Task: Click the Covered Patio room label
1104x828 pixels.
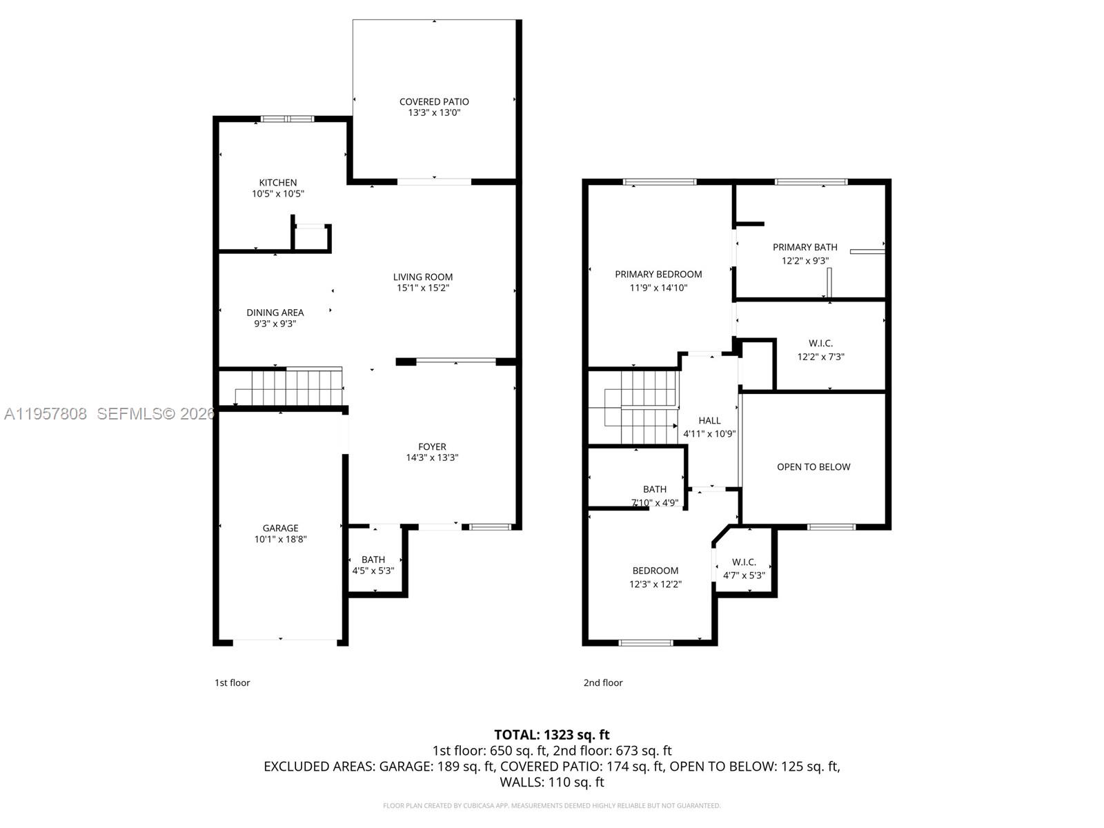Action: tap(434, 101)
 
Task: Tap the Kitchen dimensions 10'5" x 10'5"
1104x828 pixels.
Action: tap(277, 195)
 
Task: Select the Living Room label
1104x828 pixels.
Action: tap(423, 277)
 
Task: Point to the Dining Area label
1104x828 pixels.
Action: tap(275, 313)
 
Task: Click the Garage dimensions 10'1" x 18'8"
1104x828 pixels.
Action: tap(280, 540)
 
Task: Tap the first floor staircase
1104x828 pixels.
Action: tap(290, 388)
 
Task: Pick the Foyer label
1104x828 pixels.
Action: tap(432, 446)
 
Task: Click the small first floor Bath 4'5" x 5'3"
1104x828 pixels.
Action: tap(373, 564)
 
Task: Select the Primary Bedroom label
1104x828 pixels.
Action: tap(658, 274)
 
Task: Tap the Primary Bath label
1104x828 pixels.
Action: tap(805, 247)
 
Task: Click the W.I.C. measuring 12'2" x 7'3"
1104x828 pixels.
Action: tap(820, 350)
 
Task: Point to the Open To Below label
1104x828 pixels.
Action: tap(814, 467)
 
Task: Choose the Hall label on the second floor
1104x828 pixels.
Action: tap(709, 420)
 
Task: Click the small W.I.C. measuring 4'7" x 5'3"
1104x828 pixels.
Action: tap(744, 569)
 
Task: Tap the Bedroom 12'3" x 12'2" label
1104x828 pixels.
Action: tap(655, 571)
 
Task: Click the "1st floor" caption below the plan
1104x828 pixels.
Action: tap(232, 683)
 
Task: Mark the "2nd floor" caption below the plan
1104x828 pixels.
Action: tap(603, 683)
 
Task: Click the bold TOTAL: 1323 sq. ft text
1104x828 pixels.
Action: tap(551, 735)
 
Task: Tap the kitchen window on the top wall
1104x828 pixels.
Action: tap(287, 119)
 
